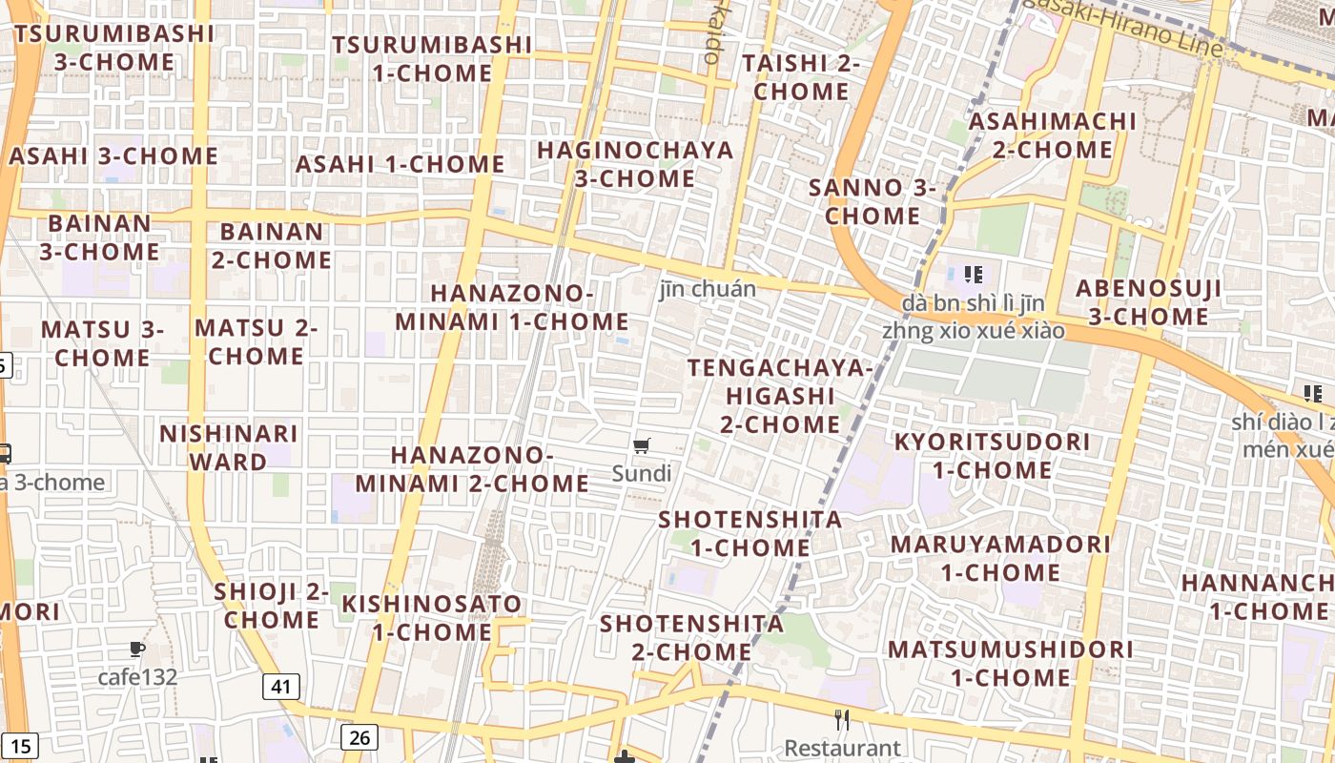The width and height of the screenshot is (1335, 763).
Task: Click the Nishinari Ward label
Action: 229,447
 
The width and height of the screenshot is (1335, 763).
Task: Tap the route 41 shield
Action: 280,686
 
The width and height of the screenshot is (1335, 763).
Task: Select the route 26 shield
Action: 359,736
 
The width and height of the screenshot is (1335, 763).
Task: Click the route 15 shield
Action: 22,746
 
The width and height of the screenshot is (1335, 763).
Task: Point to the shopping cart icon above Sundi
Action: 642,445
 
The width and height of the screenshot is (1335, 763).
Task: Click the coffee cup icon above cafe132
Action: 137,650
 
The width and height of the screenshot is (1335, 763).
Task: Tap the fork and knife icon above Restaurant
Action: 841,719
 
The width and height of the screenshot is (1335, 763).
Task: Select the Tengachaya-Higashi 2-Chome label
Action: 780,396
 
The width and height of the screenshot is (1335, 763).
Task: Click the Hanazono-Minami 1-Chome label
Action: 512,307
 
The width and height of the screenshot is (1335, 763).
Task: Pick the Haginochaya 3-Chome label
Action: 635,164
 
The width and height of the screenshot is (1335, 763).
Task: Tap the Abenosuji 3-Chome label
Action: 1148,302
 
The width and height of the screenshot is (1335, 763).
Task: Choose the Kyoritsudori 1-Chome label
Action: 992,456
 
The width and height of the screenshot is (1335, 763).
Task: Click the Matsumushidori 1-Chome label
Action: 1011,663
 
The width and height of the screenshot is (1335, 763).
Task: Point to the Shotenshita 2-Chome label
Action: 691,637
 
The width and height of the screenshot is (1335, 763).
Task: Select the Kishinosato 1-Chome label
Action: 432,617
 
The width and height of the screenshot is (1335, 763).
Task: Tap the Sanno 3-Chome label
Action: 873,201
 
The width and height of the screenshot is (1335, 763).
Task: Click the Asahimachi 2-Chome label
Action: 1053,135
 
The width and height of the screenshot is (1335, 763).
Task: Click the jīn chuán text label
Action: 708,289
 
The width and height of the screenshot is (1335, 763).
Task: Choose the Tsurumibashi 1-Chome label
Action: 432,58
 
